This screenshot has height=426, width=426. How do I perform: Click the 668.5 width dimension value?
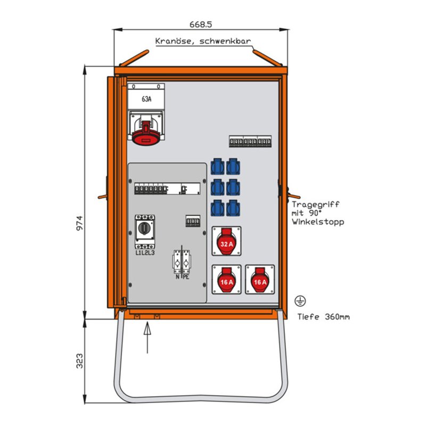(x=201, y=24)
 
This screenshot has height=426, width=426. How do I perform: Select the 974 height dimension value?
(x=79, y=223)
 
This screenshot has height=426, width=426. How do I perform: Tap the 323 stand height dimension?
(x=79, y=361)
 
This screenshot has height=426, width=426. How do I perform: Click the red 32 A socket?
(x=226, y=241)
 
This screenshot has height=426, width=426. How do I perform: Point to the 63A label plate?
(x=146, y=99)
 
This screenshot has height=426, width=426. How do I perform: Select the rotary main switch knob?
(x=144, y=228)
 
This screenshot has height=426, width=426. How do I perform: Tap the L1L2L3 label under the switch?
(x=145, y=252)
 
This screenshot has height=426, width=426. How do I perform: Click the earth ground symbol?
(x=300, y=301)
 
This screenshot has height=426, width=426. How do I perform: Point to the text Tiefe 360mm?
(x=323, y=317)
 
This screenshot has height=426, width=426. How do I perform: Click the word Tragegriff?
(x=315, y=204)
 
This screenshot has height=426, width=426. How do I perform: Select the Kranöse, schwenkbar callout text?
(x=203, y=42)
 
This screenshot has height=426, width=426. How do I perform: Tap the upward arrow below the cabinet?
(x=148, y=338)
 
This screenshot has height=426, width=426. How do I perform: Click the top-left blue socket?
(x=218, y=166)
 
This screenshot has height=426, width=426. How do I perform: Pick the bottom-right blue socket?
(x=233, y=208)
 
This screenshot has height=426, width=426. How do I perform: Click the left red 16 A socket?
(x=226, y=280)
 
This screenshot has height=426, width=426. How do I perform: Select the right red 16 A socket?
(x=260, y=280)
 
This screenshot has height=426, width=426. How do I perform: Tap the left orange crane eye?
(x=134, y=58)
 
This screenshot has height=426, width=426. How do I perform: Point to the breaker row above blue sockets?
(x=250, y=142)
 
